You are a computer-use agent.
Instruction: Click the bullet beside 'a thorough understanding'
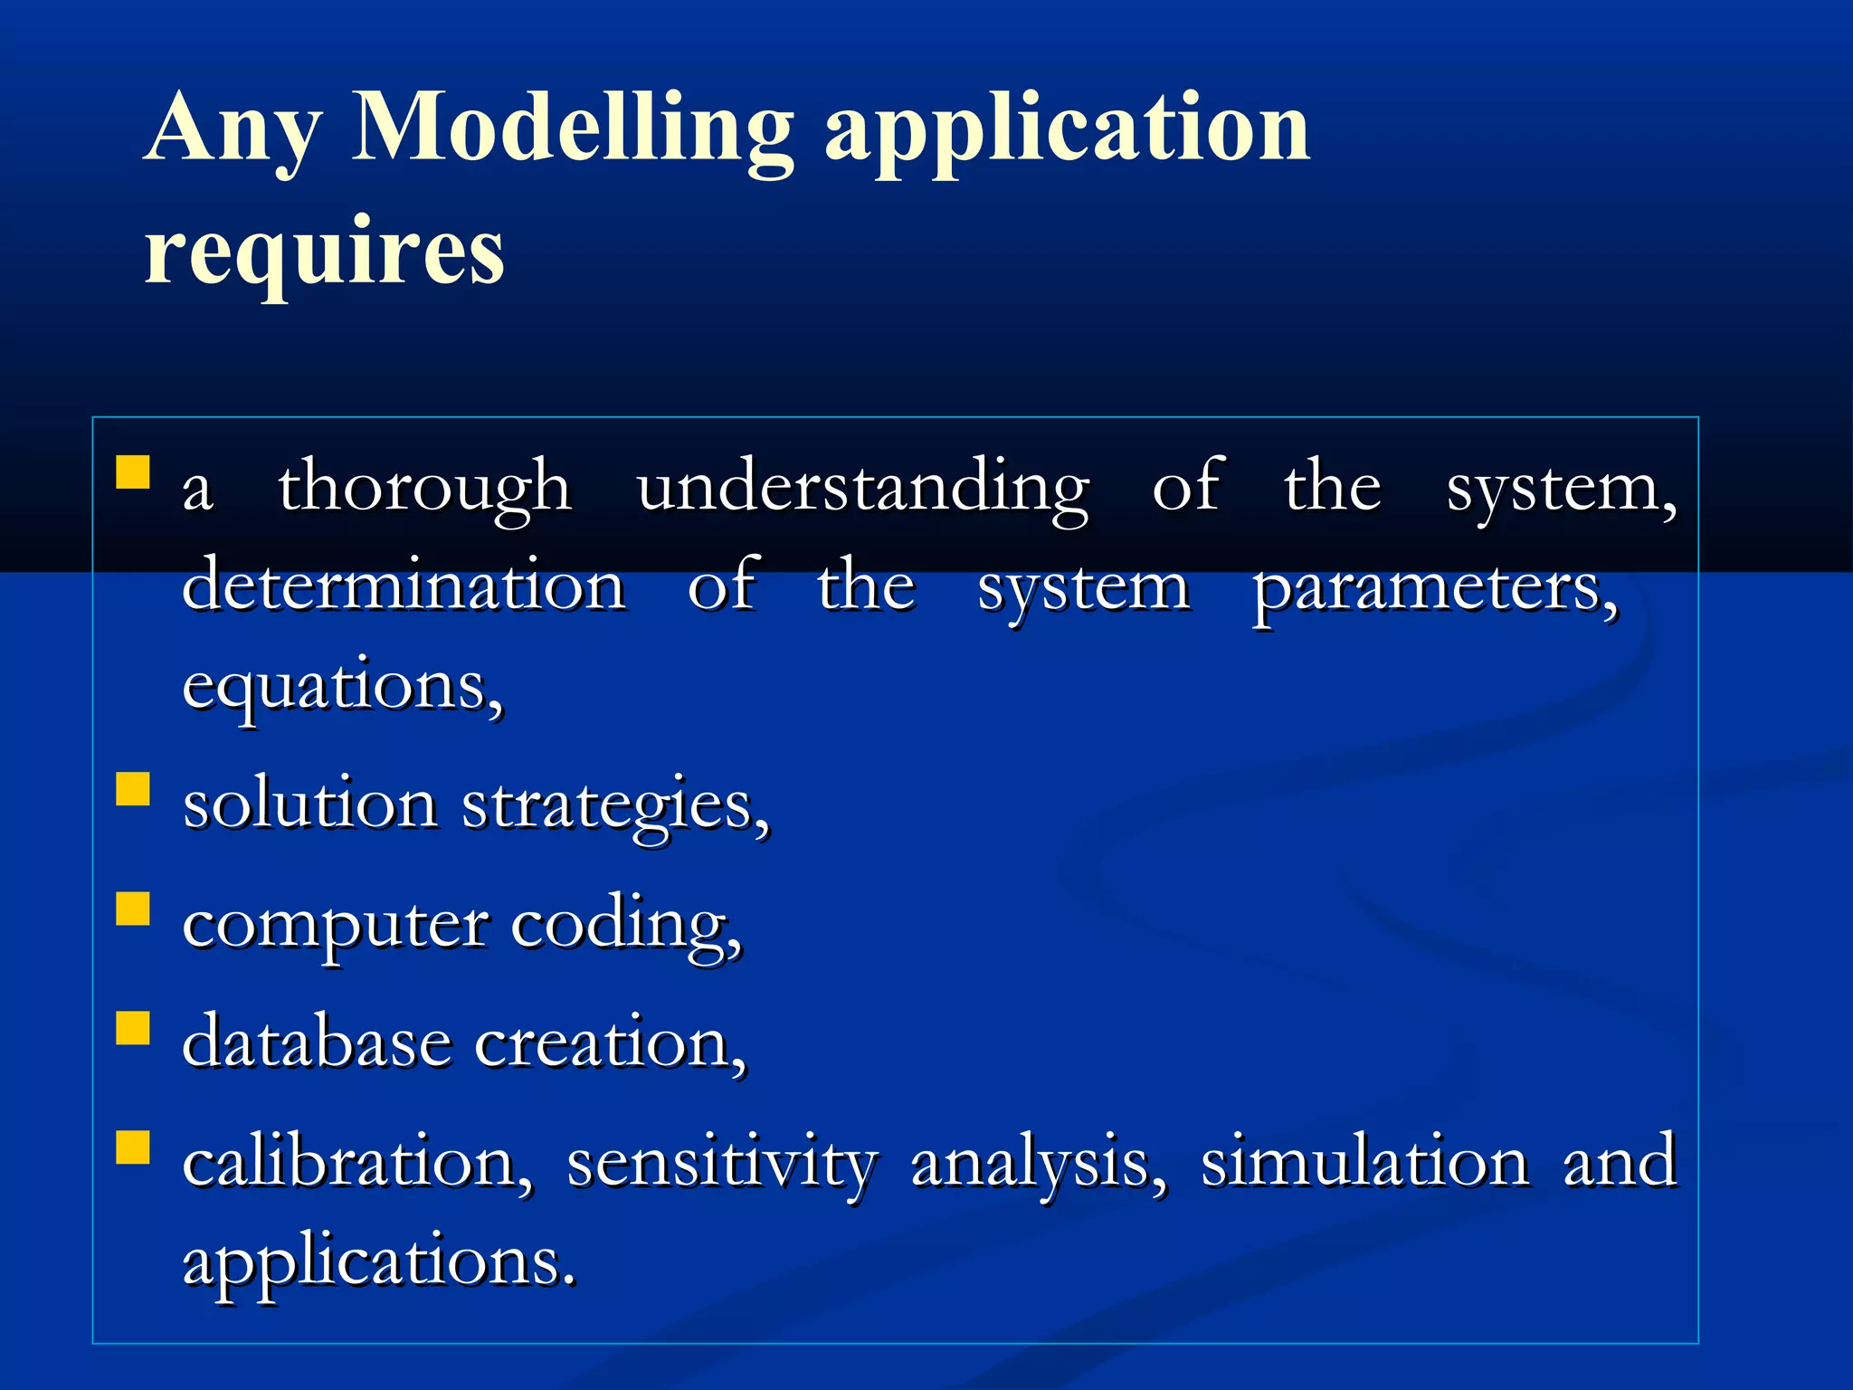pyautogui.click(x=133, y=472)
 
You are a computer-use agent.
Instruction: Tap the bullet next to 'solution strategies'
pyautogui.click(x=133, y=788)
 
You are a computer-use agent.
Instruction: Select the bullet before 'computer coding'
pyautogui.click(x=133, y=909)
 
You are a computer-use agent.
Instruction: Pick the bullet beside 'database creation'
pyautogui.click(x=133, y=1028)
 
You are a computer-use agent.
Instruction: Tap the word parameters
pyautogui.click(x=1436, y=588)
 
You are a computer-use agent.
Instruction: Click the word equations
pyautogui.click(x=343, y=688)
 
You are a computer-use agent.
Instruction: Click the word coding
pyautogui.click(x=626, y=925)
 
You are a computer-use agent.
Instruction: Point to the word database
pyautogui.click(x=316, y=1043)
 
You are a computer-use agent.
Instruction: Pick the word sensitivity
pyautogui.click(x=722, y=1163)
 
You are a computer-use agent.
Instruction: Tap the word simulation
pyautogui.click(x=1364, y=1163)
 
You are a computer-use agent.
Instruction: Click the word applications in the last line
pyautogui.click(x=378, y=1262)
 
